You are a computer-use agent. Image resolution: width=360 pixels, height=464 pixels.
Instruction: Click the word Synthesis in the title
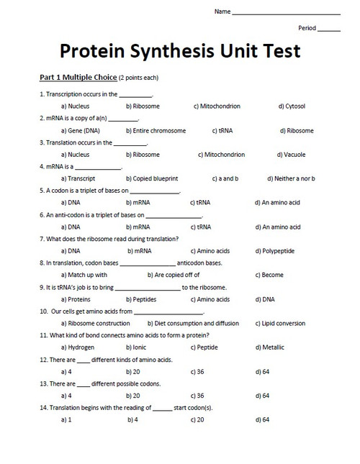click(181, 53)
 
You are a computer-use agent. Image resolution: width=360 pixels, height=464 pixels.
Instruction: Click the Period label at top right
click(307, 28)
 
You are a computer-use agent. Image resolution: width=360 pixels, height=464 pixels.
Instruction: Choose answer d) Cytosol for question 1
click(291, 106)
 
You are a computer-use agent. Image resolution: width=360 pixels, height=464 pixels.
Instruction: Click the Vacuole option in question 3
click(291, 155)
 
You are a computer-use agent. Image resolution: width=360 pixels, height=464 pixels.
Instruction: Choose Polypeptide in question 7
click(276, 251)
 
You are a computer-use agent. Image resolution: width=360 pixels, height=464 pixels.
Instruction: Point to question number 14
click(42, 408)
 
